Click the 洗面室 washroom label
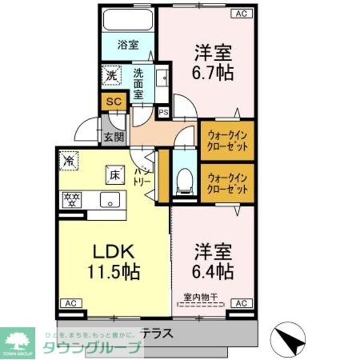point(139,83)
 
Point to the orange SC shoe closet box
point(113,101)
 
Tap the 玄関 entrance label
point(113,136)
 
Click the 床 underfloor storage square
point(113,174)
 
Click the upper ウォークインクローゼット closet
point(227,140)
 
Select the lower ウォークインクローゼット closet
point(227,183)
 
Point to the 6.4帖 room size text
point(213,271)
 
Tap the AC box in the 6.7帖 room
point(240,13)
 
